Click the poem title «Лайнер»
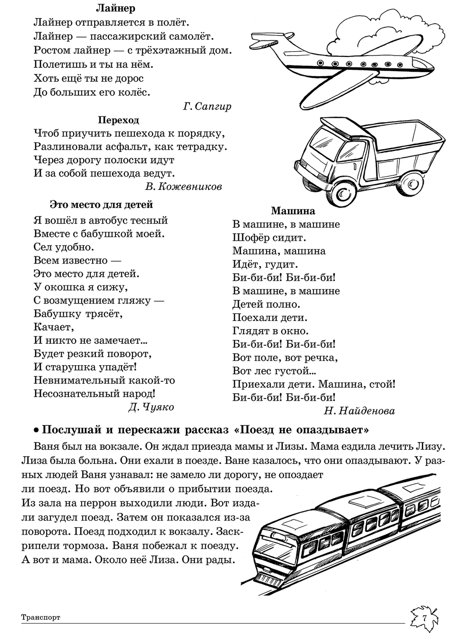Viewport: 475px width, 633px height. pos(115,9)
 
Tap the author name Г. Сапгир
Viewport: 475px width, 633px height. pos(207,106)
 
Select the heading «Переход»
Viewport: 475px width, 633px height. pos(118,120)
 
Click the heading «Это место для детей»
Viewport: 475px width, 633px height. pos(101,205)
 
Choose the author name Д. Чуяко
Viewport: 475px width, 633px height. pos(151,407)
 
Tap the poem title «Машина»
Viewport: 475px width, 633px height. pos(293,211)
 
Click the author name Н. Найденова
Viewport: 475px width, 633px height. pos(359,411)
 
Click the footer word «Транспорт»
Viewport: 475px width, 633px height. pos(41,618)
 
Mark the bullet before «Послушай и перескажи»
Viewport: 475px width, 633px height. pos(36,431)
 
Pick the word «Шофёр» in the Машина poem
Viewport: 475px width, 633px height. pos(250,237)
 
